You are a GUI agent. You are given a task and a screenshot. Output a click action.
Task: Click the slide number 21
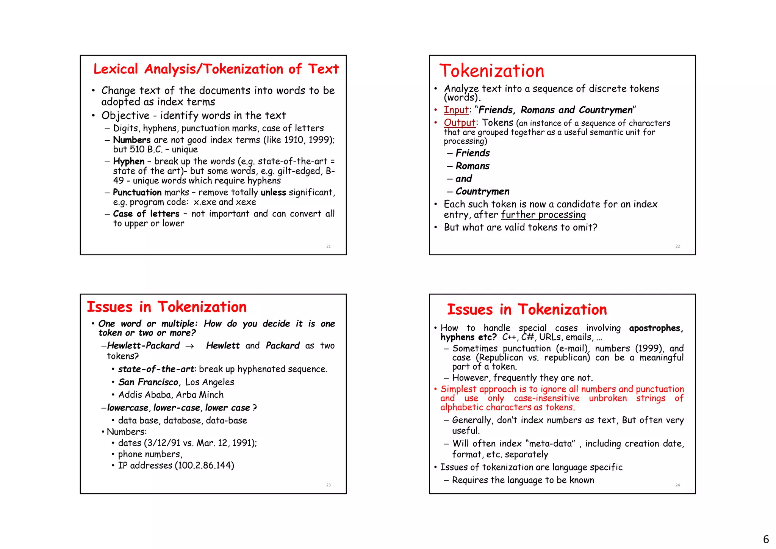pyautogui.click(x=329, y=246)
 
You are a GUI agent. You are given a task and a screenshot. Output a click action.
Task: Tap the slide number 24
pyautogui.click(x=677, y=485)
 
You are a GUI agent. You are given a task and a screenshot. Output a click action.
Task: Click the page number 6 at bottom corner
pyautogui.click(x=766, y=539)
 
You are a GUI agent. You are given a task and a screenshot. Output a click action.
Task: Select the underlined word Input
pyautogui.click(x=456, y=110)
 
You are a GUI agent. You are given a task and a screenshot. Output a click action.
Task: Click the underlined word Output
pyautogui.click(x=459, y=123)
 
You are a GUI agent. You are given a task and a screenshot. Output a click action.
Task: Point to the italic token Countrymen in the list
pyautogui.click(x=482, y=191)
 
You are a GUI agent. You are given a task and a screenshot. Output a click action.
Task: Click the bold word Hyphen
pyautogui.click(x=129, y=162)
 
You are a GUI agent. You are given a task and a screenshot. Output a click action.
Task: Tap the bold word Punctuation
pyautogui.click(x=137, y=193)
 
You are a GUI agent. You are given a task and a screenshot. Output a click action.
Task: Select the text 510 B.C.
pyautogui.click(x=146, y=149)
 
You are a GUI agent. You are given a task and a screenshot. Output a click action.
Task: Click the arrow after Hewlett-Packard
pyautogui.click(x=190, y=346)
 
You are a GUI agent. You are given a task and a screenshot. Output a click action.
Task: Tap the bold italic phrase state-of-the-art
pyautogui.click(x=156, y=369)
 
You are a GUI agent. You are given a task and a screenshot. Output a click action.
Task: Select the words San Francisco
pyautogui.click(x=149, y=382)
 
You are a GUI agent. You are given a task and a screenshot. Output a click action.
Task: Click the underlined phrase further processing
pyautogui.click(x=543, y=215)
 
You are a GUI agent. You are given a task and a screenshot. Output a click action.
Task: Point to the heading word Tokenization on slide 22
pyautogui.click(x=491, y=71)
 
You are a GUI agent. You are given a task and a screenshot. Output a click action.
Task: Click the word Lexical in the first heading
pyautogui.click(x=116, y=69)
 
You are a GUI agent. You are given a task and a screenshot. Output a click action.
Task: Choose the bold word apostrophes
pyautogui.click(x=656, y=328)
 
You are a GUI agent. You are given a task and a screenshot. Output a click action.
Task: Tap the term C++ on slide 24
pyautogui.click(x=510, y=337)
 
